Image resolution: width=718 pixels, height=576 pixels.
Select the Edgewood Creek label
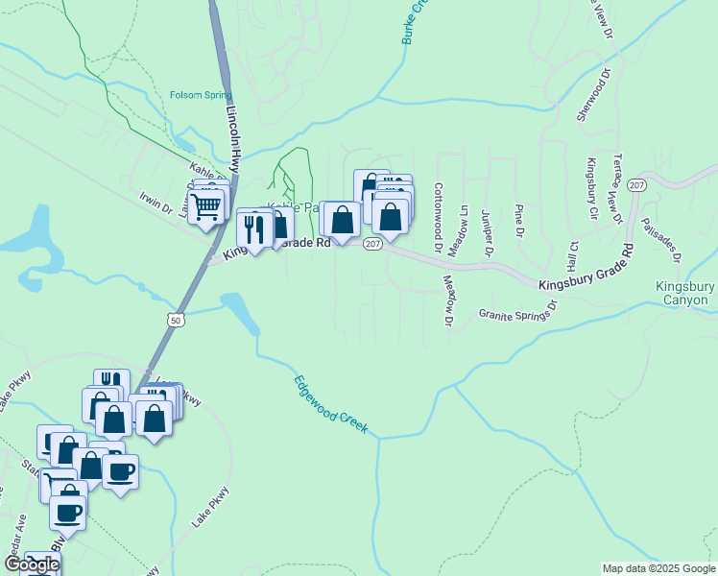click(330, 405)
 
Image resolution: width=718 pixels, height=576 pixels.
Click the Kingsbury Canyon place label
click(684, 294)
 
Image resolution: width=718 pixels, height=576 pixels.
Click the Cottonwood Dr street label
click(438, 218)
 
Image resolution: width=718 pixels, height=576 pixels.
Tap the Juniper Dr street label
click(487, 231)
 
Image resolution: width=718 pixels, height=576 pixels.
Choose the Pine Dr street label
click(519, 220)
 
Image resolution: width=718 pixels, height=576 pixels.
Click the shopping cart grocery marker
click(205, 205)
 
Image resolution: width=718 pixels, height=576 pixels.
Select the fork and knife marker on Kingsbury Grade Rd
click(253, 228)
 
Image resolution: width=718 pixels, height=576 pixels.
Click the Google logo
click(31, 564)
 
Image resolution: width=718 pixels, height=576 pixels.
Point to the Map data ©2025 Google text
click(658, 568)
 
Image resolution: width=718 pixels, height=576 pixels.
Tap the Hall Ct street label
click(572, 254)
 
